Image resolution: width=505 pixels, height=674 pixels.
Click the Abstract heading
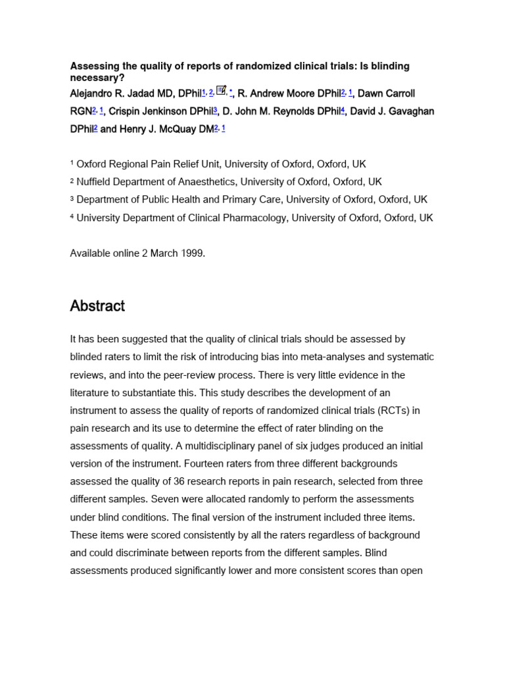97,306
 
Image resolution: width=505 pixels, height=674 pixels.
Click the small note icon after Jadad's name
221,91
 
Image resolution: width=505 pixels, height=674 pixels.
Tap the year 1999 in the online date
193,253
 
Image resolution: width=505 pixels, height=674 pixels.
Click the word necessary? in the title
97,77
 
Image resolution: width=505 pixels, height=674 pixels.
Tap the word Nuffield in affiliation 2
96,182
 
